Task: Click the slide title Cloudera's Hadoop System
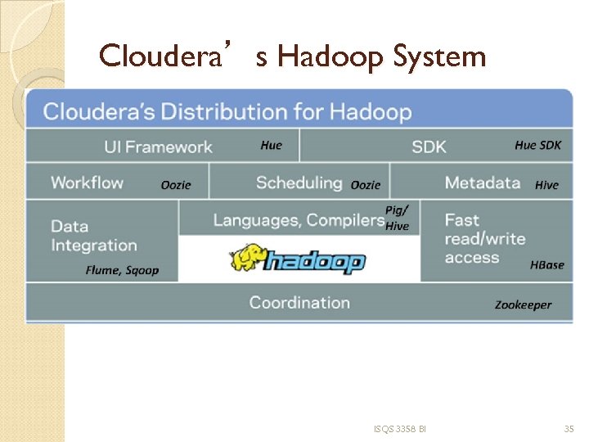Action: [x=292, y=56]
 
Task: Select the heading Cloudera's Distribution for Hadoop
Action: [x=227, y=111]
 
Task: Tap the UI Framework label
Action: [x=158, y=147]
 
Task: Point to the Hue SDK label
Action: [x=537, y=145]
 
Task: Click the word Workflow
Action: [x=87, y=183]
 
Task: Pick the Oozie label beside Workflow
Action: [x=176, y=185]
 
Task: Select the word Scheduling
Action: [x=299, y=183]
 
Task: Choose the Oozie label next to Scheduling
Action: [x=365, y=185]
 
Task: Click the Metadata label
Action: [x=483, y=183]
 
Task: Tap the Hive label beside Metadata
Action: [x=546, y=185]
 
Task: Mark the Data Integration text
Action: [x=93, y=236]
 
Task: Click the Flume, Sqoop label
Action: [x=123, y=270]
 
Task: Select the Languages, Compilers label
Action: [x=299, y=219]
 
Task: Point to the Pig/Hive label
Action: [x=397, y=218]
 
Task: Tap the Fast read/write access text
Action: [x=484, y=238]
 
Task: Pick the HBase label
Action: [x=546, y=264]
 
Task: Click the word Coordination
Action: [x=299, y=303]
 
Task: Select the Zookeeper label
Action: [x=523, y=304]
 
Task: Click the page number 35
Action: [x=569, y=429]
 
